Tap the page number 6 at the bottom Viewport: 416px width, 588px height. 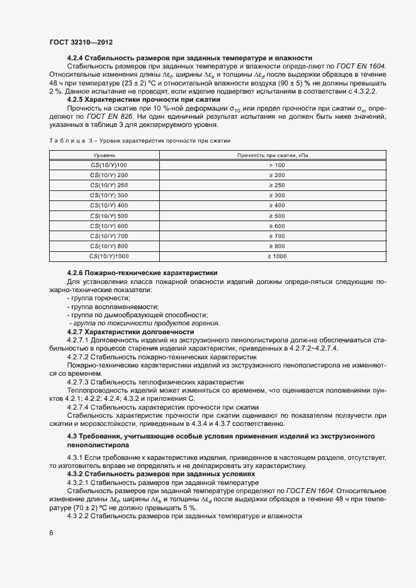point(51,533)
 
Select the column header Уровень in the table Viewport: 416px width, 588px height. point(104,155)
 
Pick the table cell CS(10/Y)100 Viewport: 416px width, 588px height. point(109,165)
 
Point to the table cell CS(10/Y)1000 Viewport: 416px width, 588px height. point(109,256)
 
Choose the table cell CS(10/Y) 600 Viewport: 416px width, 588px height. point(109,226)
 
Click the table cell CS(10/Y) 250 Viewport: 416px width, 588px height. point(109,185)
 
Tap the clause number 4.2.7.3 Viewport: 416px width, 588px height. point(78,382)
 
